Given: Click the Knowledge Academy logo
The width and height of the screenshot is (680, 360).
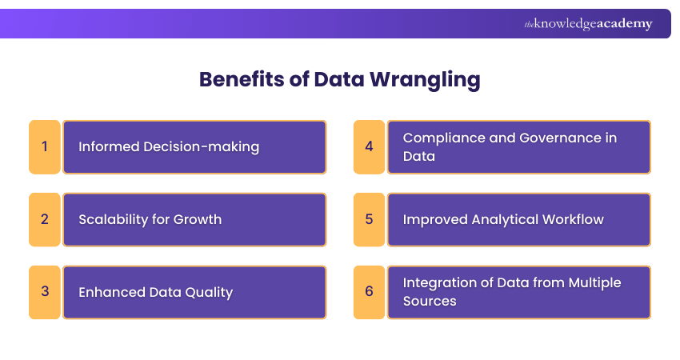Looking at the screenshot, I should click(588, 24).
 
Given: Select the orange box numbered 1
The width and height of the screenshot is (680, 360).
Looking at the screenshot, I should click(45, 147).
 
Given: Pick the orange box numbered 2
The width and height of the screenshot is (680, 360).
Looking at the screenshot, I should click(45, 219).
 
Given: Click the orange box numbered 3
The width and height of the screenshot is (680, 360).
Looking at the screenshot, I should click(45, 292).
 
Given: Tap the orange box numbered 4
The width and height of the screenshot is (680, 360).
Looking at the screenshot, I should click(369, 147).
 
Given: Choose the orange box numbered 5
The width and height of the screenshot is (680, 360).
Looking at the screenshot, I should click(369, 219).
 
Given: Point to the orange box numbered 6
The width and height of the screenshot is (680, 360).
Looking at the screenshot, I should click(369, 292).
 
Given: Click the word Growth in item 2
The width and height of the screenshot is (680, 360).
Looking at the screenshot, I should click(198, 219).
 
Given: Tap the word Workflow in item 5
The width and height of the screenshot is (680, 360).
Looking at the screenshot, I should click(570, 219).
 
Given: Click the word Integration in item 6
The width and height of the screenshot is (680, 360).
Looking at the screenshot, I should click(439, 282).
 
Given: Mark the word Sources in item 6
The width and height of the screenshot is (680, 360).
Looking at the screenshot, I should click(430, 302).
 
